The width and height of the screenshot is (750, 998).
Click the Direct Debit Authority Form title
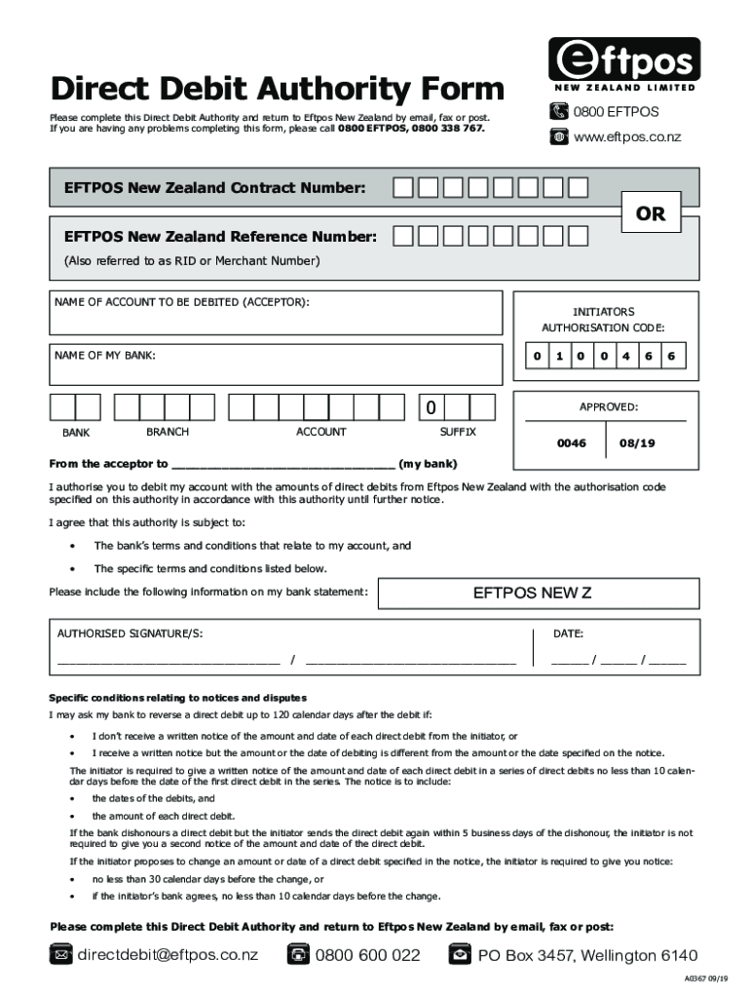pyautogui.click(x=278, y=90)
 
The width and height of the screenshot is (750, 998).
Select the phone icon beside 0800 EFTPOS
pyautogui.click(x=558, y=112)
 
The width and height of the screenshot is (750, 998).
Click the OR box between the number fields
pyautogui.click(x=651, y=213)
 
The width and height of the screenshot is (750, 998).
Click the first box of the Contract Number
pyautogui.click(x=402, y=187)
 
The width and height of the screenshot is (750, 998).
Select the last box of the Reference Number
pyautogui.click(x=578, y=236)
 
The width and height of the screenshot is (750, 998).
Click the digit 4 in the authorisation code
pyautogui.click(x=625, y=356)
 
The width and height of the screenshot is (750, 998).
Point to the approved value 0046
pyautogui.click(x=571, y=442)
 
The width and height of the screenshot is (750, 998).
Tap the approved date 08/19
pyautogui.click(x=638, y=442)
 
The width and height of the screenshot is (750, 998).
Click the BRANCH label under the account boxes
pyautogui.click(x=168, y=432)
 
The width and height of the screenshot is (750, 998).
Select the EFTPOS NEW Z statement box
pyautogui.click(x=538, y=593)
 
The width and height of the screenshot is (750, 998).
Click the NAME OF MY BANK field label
pyautogui.click(x=105, y=356)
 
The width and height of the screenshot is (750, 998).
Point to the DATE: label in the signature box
pyautogui.click(x=568, y=634)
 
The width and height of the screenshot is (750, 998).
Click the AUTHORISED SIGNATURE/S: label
pyautogui.click(x=131, y=634)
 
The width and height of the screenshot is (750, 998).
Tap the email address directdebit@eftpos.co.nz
pyautogui.click(x=168, y=955)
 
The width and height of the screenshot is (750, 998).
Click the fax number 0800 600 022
pyautogui.click(x=367, y=955)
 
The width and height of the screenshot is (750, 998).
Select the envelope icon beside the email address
pyautogui.click(x=61, y=955)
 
